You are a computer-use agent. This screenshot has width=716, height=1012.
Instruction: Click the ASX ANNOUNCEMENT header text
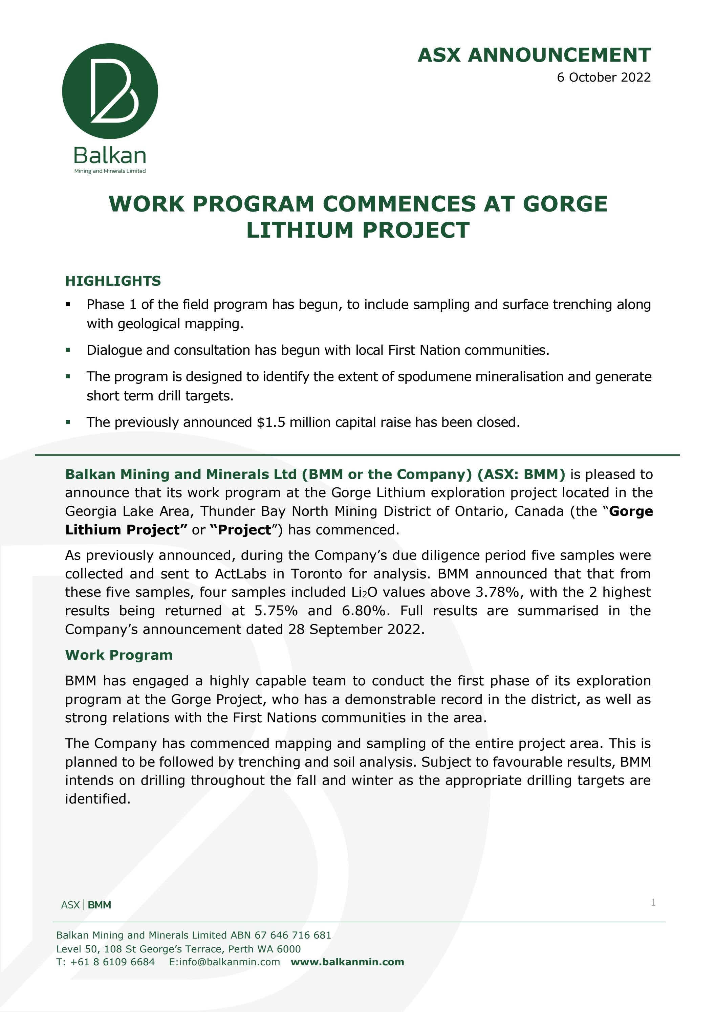[x=534, y=55]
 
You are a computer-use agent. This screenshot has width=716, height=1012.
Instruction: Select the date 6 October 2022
[x=604, y=77]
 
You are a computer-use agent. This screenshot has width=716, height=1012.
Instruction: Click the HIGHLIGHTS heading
[x=113, y=281]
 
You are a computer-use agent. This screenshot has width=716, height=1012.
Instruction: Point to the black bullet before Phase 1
[x=68, y=305]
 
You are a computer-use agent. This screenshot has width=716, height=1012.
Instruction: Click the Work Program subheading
[x=118, y=655]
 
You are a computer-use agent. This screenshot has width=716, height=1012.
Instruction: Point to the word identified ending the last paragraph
[x=97, y=799]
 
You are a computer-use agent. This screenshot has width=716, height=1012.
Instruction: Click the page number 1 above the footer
[x=653, y=902]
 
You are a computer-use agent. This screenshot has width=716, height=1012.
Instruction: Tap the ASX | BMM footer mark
[x=86, y=905]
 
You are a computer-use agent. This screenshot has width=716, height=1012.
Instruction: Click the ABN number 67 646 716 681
[x=292, y=935]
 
